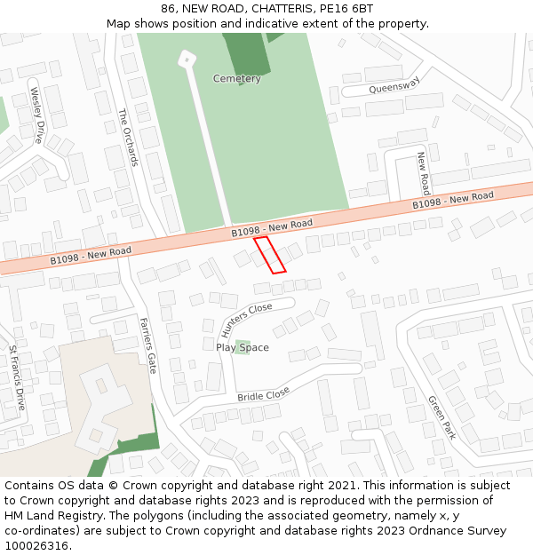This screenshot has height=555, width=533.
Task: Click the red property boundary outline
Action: pos(270,254)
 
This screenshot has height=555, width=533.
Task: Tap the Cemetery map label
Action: pos(237,79)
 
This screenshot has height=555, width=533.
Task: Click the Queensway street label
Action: pos(394,84)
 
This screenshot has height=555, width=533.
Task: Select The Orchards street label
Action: pos(128,137)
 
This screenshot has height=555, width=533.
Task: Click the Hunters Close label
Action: pos(246,321)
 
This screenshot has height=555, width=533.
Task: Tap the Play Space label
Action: pos(243,348)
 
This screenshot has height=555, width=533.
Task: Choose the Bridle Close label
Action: pos(264,392)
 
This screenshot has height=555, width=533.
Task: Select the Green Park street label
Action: pos(442,417)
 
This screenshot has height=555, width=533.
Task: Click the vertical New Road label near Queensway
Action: pos(424,173)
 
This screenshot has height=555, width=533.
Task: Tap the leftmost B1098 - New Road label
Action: pos(91,256)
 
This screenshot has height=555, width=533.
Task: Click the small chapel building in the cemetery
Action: pos(186,59)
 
